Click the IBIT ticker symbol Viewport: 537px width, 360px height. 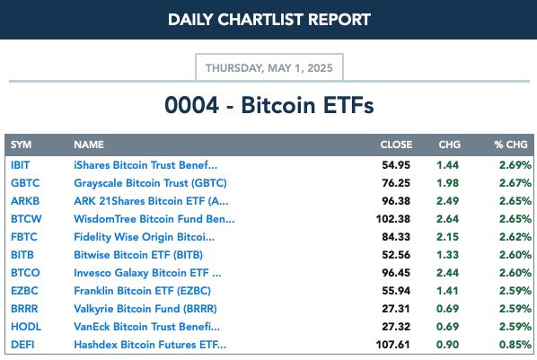click(21, 165)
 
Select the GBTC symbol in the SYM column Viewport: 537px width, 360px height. click(25, 183)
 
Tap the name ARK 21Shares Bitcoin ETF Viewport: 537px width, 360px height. click(151, 201)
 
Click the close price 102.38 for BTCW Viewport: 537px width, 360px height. click(392, 219)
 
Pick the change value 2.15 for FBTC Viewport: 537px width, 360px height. click(447, 237)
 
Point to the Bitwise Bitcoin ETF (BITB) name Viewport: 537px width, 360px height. click(138, 255)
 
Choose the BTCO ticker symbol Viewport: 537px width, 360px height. click(25, 273)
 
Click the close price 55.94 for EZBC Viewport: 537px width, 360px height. click(396, 291)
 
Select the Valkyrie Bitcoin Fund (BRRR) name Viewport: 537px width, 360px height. click(145, 309)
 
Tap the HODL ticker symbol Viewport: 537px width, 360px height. click(26, 327)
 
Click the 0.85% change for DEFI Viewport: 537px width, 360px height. click(515, 345)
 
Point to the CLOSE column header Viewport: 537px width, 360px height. click(396, 145)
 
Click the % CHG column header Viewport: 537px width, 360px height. click(511, 145)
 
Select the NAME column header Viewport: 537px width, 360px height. click(89, 145)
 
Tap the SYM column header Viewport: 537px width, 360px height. click(21, 145)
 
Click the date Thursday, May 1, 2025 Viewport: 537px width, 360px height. click(269, 68)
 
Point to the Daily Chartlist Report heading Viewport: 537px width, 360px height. click(269, 20)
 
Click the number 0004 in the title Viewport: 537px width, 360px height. click(191, 105)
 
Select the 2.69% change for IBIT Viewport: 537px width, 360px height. click(515, 165)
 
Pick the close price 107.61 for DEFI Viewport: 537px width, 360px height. click(392, 345)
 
